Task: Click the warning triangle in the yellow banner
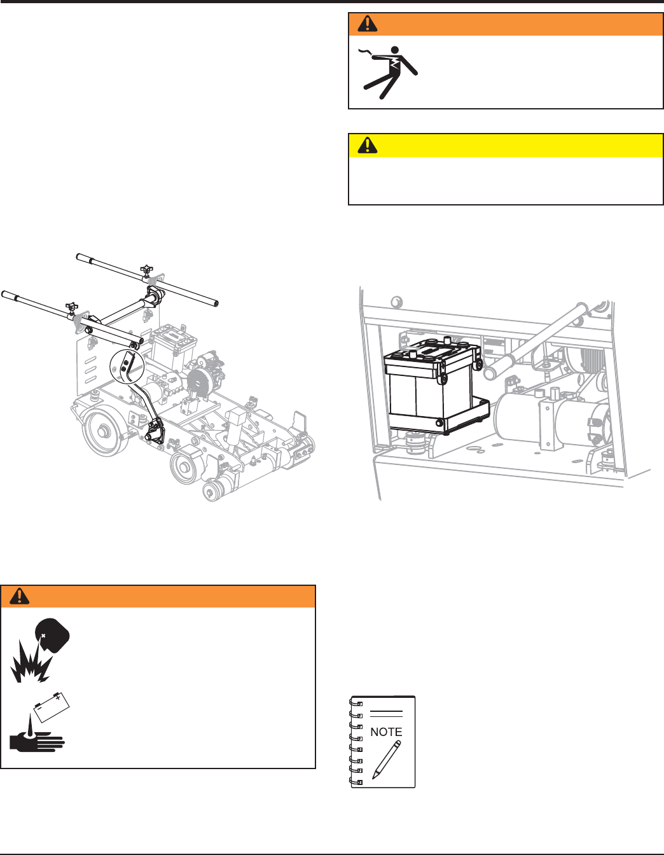click(368, 145)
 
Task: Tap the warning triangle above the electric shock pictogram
click(368, 24)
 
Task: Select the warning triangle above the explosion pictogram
click(19, 596)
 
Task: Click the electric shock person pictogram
click(388, 73)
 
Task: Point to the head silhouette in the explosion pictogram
click(53, 636)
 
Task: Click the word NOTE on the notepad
click(386, 732)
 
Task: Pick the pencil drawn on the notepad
click(387, 760)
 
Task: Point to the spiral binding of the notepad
click(356, 742)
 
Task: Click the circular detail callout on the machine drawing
click(127, 366)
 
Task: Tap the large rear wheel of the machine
click(106, 433)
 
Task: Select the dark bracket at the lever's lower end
click(155, 432)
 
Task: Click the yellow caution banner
click(506, 145)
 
